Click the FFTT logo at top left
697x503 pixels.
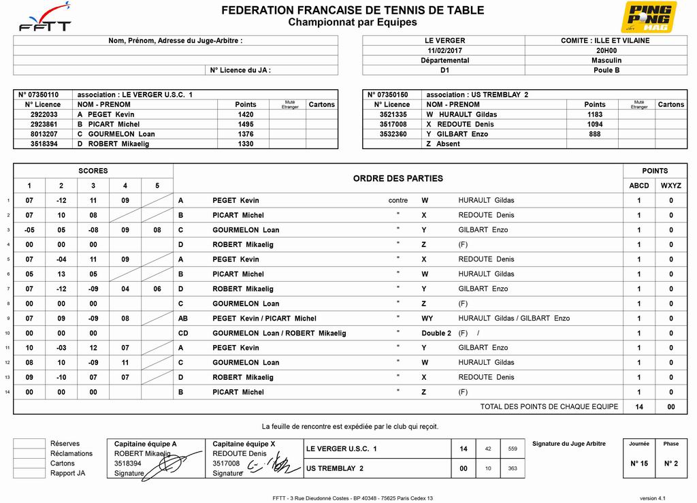45,18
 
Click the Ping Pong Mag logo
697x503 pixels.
648,17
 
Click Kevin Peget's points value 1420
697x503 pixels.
245,114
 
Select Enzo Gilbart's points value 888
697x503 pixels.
594,134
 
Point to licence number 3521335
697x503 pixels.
393,114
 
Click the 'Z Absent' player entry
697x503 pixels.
443,144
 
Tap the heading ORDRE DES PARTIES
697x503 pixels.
398,178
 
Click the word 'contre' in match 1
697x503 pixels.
398,201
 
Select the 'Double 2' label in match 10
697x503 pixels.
436,334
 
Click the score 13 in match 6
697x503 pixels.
61,274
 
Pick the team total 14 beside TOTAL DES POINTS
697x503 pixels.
638,407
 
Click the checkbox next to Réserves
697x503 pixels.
29,444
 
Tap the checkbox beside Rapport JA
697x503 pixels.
29,474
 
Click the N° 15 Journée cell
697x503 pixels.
638,464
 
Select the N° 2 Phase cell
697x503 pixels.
671,464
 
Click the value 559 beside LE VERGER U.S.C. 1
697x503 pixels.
513,449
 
